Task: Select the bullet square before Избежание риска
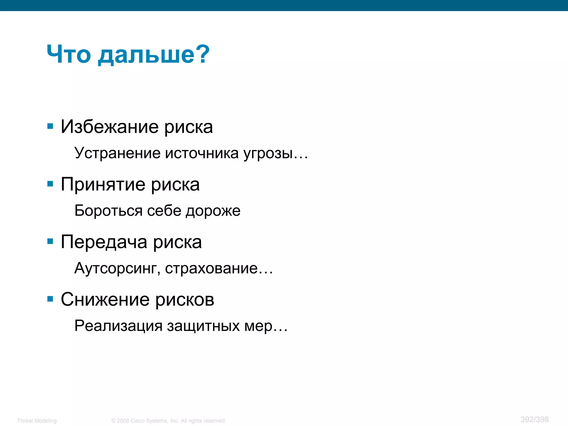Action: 50,126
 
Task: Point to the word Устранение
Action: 117,153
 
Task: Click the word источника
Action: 202,153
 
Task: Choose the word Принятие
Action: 103,184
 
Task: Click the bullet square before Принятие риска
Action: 50,184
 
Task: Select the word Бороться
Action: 108,211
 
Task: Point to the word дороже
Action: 213,211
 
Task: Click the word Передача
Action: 104,242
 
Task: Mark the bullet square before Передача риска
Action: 50,241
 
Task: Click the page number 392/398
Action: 534,419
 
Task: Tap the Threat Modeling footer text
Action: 37,421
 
